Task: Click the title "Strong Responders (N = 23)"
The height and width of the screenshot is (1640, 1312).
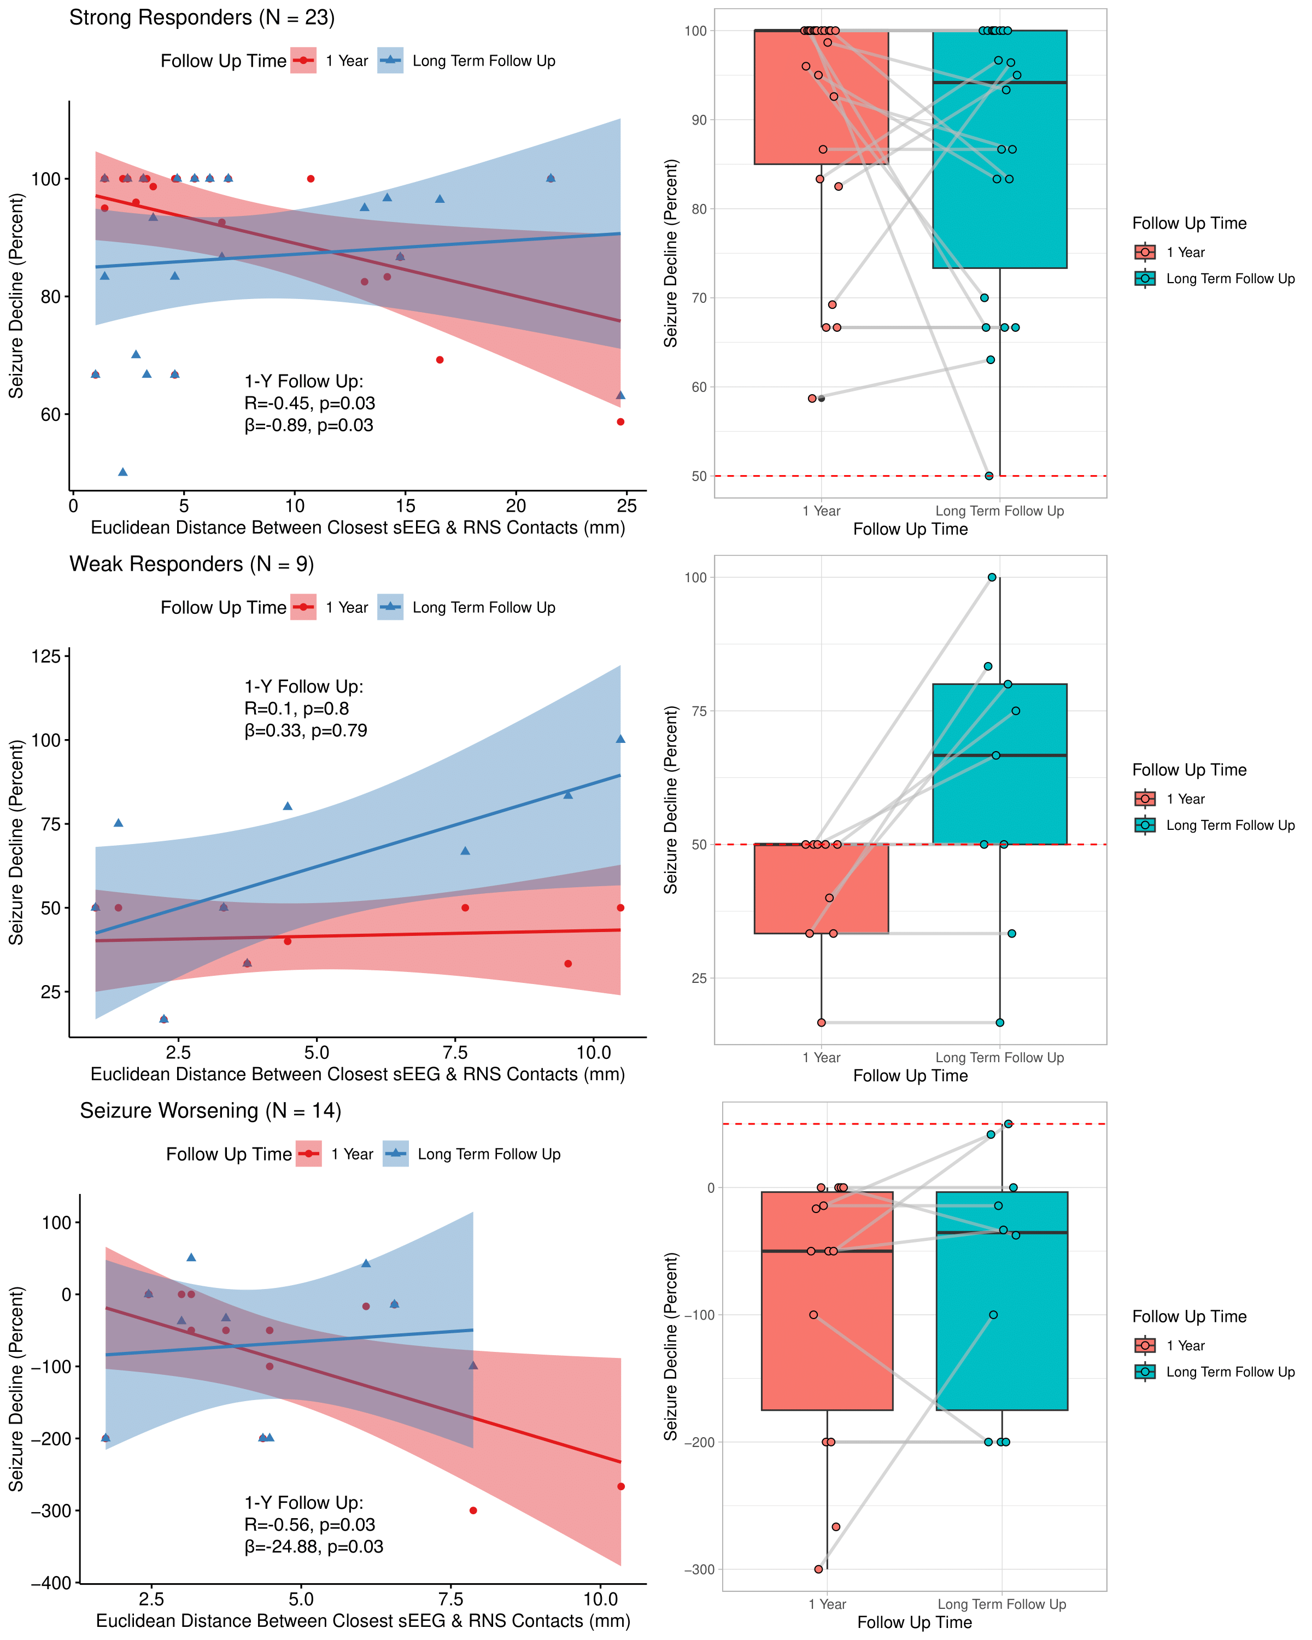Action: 202,17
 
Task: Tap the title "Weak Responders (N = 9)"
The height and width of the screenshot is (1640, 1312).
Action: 192,564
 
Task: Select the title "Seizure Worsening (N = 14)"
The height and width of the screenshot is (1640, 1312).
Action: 210,1111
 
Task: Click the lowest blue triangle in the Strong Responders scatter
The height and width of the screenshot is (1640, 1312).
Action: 122,472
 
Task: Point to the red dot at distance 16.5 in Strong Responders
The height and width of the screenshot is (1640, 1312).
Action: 440,360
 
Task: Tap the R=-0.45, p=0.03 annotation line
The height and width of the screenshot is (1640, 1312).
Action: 309,403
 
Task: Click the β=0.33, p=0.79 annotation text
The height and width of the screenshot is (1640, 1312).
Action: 306,730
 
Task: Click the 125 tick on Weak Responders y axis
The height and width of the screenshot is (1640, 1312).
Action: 45,655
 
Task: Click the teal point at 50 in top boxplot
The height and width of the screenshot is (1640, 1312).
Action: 989,476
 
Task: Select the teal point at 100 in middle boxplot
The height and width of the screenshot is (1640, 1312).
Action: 992,577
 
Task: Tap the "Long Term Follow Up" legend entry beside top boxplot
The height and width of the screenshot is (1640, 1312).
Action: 1230,278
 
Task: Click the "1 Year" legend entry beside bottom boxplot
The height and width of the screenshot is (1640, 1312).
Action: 1185,1346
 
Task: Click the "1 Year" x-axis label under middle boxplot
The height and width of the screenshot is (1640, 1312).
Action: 822,1057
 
